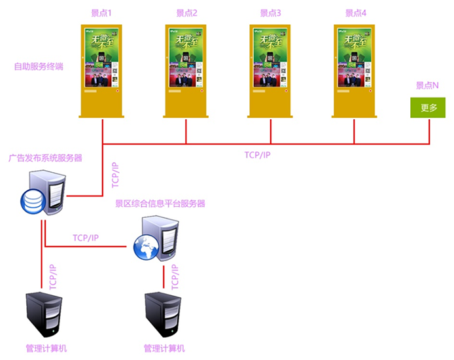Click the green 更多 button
click(x=428, y=107)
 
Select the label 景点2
click(x=186, y=13)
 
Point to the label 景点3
click(x=270, y=13)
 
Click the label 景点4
click(x=355, y=13)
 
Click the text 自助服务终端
click(x=39, y=67)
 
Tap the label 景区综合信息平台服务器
click(x=160, y=204)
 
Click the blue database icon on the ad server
click(x=31, y=201)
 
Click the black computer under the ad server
click(x=44, y=315)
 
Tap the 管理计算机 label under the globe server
click(x=164, y=348)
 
